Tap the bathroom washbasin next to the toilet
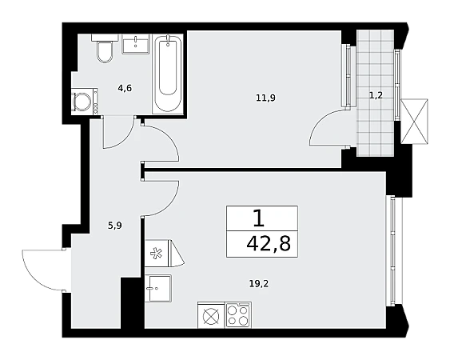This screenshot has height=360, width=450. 136,44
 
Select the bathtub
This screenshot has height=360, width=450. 168,74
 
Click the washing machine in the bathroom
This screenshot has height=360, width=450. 85,102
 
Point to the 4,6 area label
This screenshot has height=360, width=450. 125,88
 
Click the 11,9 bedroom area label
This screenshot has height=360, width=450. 265,98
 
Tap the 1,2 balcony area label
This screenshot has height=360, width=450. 376,95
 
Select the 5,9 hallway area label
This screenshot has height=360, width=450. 115,226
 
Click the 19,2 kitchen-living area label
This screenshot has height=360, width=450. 259,284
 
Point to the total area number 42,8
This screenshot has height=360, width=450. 269,245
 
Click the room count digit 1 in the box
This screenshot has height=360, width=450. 259,218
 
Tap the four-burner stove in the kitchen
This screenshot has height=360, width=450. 238,315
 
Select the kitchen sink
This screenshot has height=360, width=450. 158,288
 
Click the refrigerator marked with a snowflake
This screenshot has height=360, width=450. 164,253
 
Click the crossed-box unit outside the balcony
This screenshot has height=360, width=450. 414,122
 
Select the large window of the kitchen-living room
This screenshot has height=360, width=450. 392,250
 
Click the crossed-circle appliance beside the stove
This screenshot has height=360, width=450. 211,316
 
